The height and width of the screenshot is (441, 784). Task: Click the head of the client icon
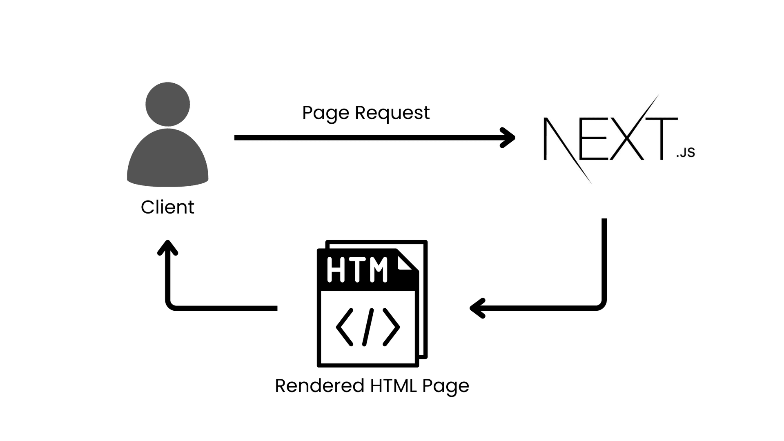[x=168, y=104]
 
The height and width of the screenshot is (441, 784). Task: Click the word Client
[x=167, y=207]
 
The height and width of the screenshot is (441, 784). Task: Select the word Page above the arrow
[x=326, y=113]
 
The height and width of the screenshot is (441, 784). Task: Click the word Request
[x=392, y=113]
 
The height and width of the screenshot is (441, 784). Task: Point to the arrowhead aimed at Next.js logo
[x=508, y=138]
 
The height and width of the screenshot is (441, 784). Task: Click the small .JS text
[x=686, y=153]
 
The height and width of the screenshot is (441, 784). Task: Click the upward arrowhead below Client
[x=167, y=247]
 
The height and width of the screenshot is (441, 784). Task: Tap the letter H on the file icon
[x=336, y=269]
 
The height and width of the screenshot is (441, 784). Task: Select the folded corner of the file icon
[x=406, y=261]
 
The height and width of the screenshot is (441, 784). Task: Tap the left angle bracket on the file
[x=344, y=327]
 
